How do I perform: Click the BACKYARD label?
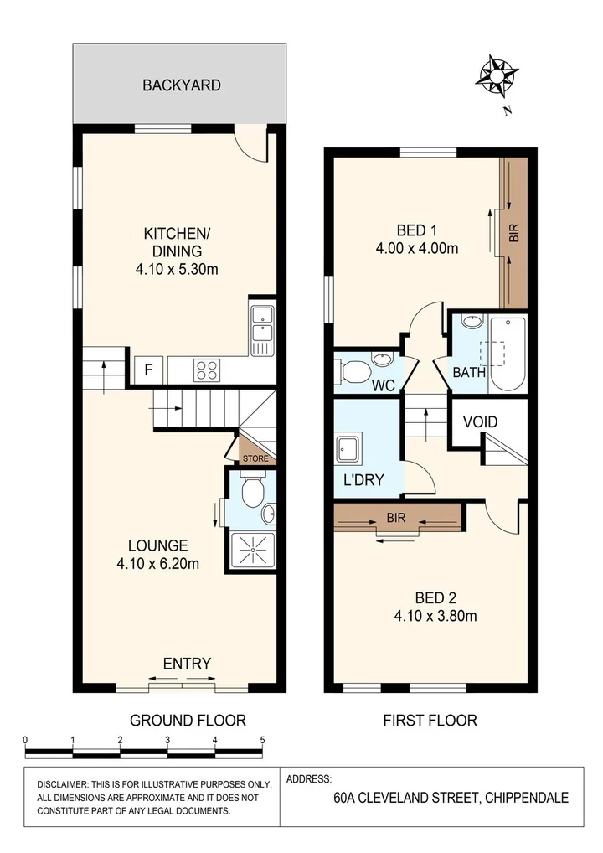tap(181, 85)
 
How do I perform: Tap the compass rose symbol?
tap(496, 75)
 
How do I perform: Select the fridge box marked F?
tap(147, 369)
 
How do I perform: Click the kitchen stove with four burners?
tap(207, 369)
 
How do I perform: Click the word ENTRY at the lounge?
tap(187, 664)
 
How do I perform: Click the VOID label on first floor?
tap(480, 421)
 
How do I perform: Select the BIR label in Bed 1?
tap(513, 232)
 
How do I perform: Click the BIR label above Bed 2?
tap(396, 518)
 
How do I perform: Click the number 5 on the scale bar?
tap(263, 740)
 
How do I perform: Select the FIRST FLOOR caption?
tap(430, 719)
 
